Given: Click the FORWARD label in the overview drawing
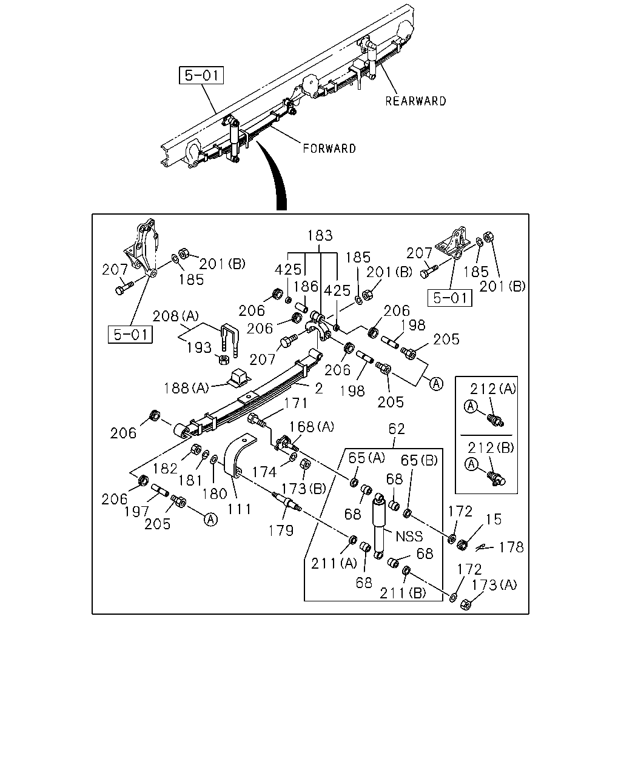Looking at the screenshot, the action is [x=329, y=149].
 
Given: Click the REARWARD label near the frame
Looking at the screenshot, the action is [x=415, y=101].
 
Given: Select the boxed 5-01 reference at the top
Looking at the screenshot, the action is [x=201, y=75].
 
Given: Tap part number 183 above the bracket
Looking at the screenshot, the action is [x=320, y=235].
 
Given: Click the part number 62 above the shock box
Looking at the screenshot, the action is [x=397, y=429].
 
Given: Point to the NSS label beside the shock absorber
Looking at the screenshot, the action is [x=409, y=536].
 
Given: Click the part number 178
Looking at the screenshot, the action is [x=511, y=547].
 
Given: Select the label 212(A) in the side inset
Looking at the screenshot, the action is [x=493, y=389].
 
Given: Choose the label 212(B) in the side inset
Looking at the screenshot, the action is [x=491, y=448].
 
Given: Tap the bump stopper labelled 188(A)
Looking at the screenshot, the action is [x=238, y=378].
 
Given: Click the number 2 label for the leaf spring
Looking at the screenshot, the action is [x=318, y=389].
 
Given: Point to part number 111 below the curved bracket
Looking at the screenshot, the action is [x=239, y=509].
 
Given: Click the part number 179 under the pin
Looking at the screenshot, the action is [x=281, y=530].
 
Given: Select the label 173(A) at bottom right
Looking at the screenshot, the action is [x=494, y=584].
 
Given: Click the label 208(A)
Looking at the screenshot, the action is [x=176, y=316].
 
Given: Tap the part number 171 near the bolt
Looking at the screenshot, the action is [x=296, y=403].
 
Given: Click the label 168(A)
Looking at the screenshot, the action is [x=312, y=427].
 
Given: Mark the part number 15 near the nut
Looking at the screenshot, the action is [x=494, y=520].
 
